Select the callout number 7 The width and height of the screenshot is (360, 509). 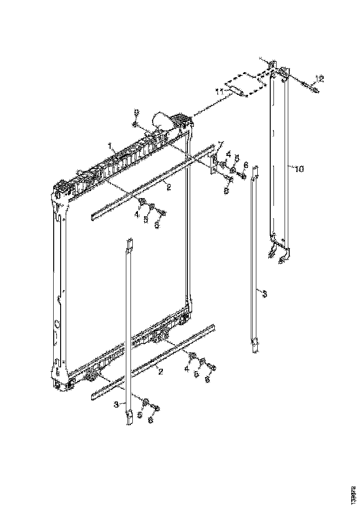(221, 144)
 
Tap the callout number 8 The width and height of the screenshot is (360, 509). (226, 190)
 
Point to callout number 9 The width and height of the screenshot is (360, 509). (136, 112)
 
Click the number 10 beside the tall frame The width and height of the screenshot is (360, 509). (298, 169)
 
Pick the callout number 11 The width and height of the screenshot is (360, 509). (221, 91)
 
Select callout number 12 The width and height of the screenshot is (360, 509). (320, 78)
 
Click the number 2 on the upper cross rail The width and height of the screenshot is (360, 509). (169, 187)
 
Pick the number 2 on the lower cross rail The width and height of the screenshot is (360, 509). (160, 372)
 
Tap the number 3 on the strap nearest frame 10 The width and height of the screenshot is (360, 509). (264, 294)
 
